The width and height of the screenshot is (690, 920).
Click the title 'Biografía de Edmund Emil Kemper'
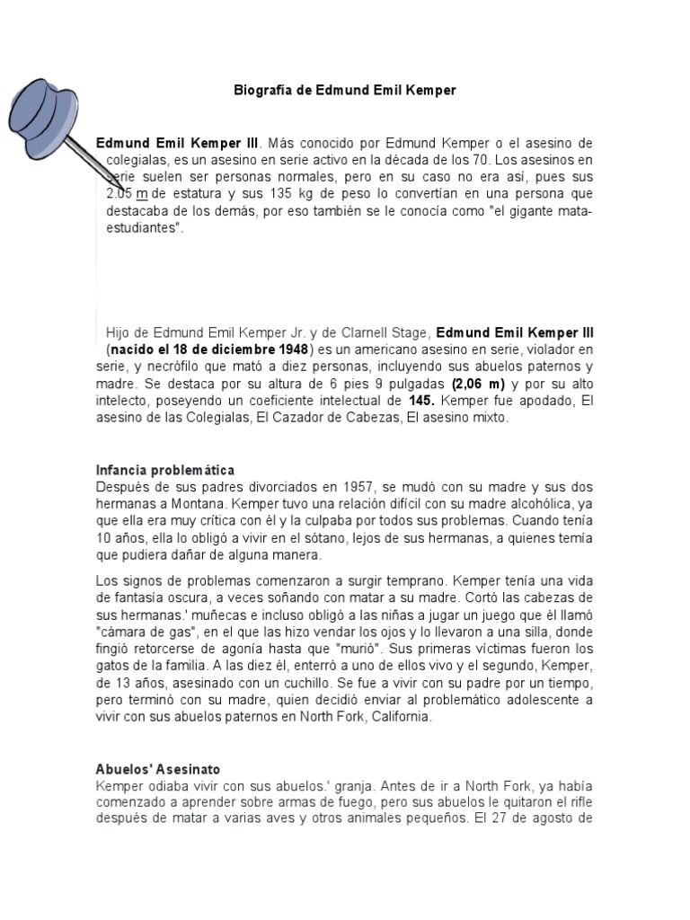click(344, 91)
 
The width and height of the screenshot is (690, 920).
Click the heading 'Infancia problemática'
click(164, 470)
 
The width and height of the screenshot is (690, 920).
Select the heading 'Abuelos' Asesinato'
click(157, 769)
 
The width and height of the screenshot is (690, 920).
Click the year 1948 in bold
click(291, 349)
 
